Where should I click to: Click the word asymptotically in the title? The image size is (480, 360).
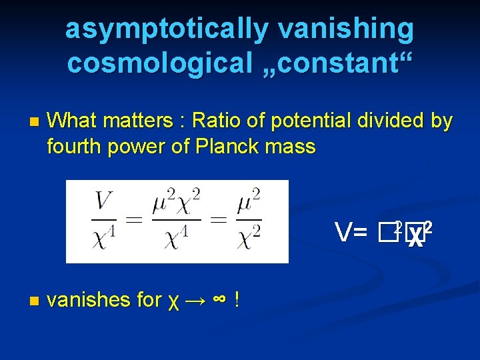pyautogui.click(x=167, y=30)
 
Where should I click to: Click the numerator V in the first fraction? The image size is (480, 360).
pyautogui.click(x=104, y=201)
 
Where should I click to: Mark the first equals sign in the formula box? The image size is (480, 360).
pyautogui.click(x=135, y=221)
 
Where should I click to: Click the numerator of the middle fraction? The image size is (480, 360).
pyautogui.click(x=176, y=201)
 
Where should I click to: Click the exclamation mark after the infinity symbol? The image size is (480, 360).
pyautogui.click(x=237, y=300)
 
